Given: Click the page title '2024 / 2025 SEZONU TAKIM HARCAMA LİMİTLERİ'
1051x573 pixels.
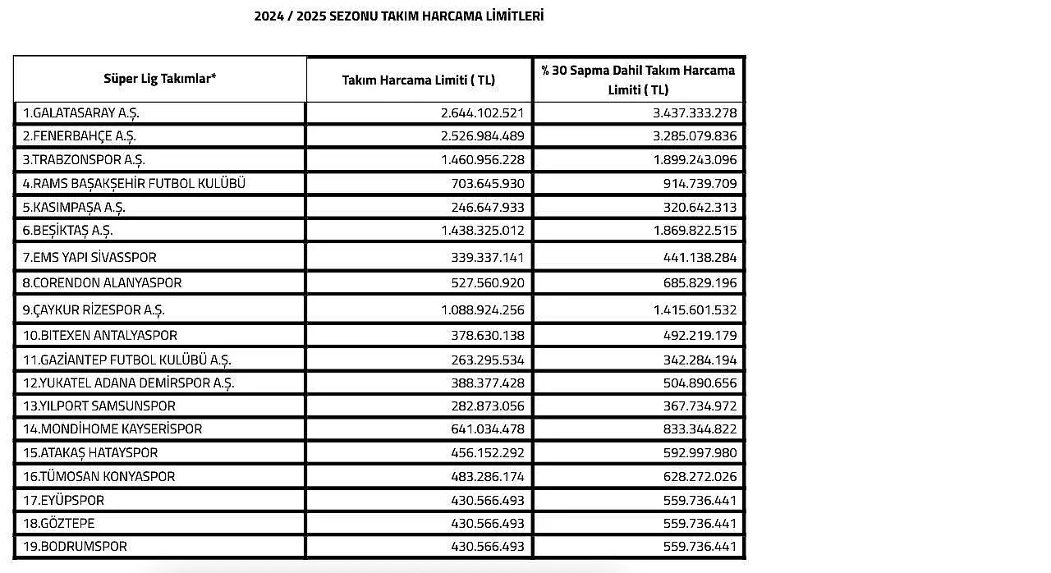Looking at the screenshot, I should (398, 16).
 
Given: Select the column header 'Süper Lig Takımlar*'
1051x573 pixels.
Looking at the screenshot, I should (160, 79).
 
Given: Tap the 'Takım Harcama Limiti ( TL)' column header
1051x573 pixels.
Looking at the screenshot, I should (419, 80).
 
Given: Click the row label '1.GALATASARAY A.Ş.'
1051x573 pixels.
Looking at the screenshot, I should (86, 113).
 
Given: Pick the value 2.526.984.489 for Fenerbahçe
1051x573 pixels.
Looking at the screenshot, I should (482, 135).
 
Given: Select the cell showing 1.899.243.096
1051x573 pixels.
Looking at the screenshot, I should (695, 159).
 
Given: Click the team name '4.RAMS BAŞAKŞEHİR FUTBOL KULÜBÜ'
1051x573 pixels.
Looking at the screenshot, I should (134, 183).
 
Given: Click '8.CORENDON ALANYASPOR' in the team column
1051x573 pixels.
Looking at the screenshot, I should (102, 282).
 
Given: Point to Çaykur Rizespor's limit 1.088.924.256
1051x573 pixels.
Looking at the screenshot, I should (482, 310).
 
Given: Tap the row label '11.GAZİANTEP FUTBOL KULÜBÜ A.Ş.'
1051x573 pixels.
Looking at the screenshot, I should (126, 360).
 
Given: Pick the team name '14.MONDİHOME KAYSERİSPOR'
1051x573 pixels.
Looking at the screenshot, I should (112, 429).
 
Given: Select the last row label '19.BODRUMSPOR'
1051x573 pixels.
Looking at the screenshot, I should (75, 546).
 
